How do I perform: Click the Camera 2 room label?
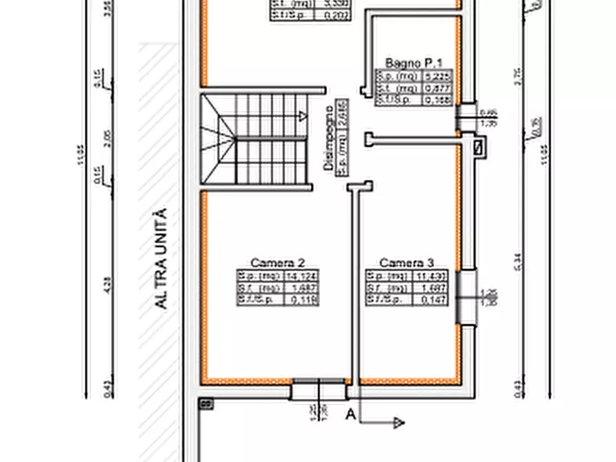[277, 263]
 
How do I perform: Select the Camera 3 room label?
[406, 263]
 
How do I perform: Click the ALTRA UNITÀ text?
[161, 259]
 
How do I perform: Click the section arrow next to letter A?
[398, 423]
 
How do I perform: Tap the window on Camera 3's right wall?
[468, 297]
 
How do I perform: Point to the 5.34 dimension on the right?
[518, 259]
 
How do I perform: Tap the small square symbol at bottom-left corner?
[204, 403]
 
